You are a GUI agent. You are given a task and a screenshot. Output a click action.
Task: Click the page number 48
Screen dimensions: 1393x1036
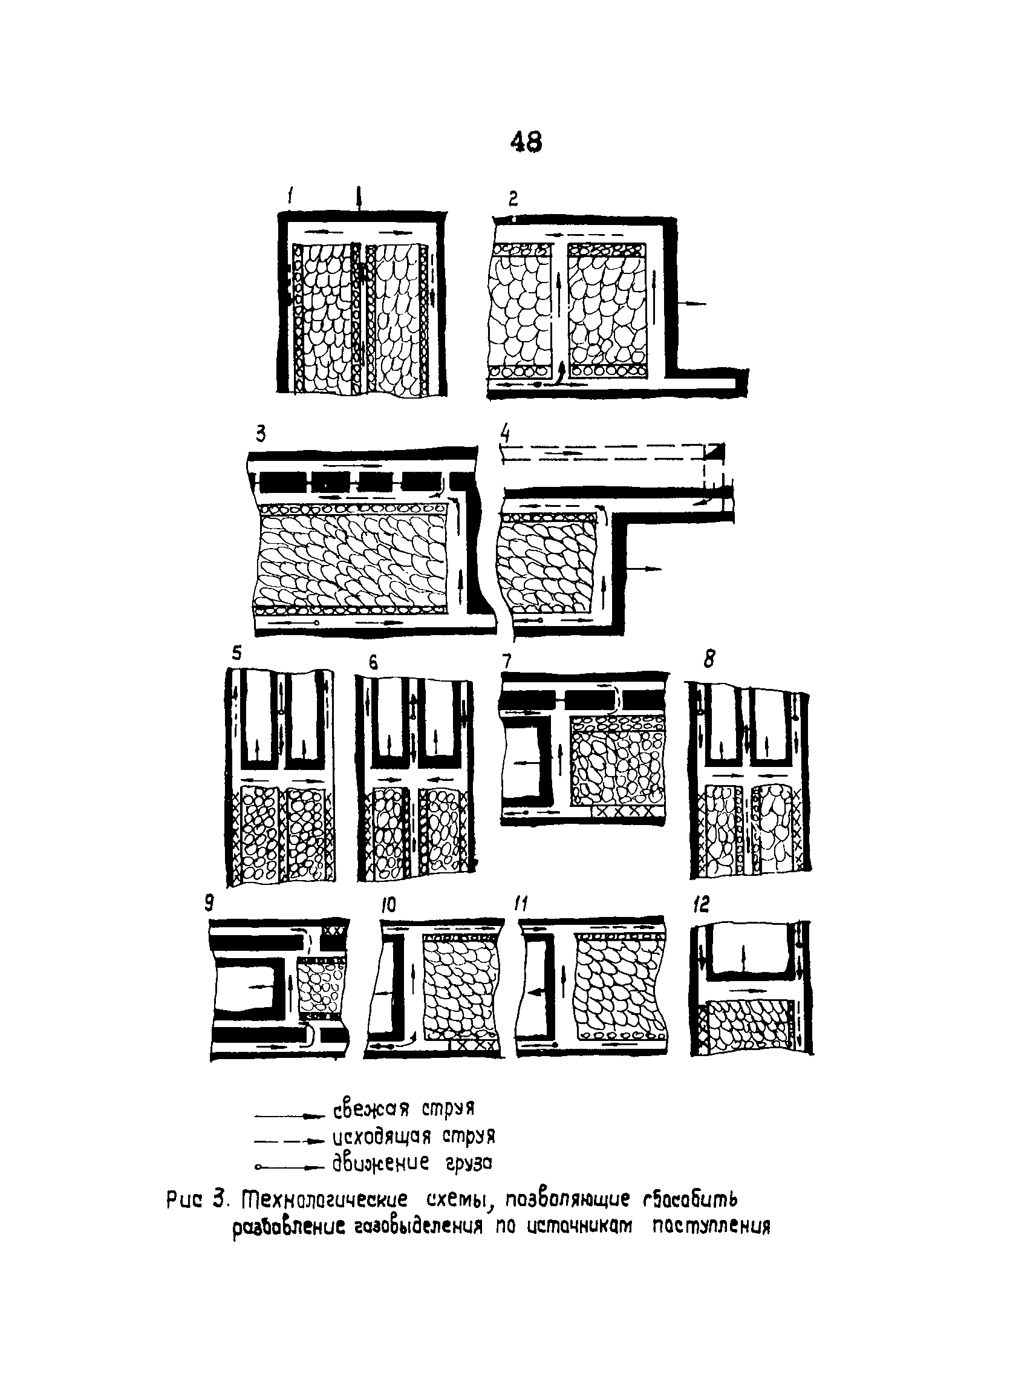click(x=526, y=142)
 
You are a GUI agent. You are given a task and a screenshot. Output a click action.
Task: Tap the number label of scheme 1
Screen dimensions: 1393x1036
click(x=290, y=198)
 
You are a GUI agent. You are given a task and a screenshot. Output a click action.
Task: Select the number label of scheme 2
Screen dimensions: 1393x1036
click(x=513, y=199)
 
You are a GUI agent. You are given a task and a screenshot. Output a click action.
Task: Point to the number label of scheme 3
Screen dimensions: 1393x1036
click(x=260, y=434)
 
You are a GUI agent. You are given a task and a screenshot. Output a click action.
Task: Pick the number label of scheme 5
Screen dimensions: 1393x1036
click(x=236, y=653)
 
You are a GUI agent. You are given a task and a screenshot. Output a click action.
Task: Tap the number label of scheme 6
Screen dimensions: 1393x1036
click(x=373, y=662)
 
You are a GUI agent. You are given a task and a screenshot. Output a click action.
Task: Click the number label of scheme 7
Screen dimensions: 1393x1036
click(x=507, y=661)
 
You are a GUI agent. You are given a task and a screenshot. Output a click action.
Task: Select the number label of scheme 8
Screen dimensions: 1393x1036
click(x=709, y=659)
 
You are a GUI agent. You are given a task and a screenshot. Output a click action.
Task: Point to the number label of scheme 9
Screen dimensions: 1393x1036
click(x=209, y=903)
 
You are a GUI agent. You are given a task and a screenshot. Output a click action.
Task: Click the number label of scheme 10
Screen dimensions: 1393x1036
click(x=389, y=904)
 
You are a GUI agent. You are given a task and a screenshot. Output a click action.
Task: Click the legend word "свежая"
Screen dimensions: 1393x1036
click(x=370, y=1109)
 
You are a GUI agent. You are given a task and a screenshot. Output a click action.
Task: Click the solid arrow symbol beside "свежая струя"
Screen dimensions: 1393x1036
click(x=289, y=1116)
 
